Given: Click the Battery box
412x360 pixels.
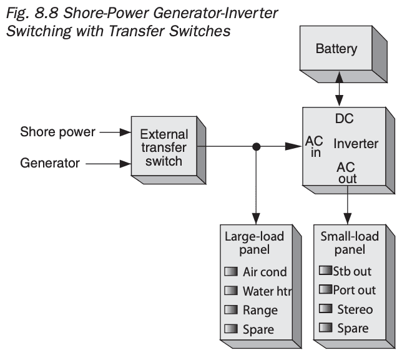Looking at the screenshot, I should pos(338,48).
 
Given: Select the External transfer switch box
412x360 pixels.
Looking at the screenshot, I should pos(161,147).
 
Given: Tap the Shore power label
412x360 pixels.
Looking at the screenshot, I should pos(58,132).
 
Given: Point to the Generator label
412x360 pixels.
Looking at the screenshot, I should pos(50,164).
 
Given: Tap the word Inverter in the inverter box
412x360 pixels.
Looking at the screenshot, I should pos(356,144).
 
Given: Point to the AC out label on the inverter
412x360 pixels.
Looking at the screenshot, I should pos(346,173).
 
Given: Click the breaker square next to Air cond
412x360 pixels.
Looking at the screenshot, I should pos(232,272).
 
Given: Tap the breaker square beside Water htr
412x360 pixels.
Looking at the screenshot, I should pos(232,291).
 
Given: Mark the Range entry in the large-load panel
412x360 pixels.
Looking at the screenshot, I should pos(260,310).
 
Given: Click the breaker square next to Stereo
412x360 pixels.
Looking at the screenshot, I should pos(324,309).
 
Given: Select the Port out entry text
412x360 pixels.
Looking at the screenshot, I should pos(354,290).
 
